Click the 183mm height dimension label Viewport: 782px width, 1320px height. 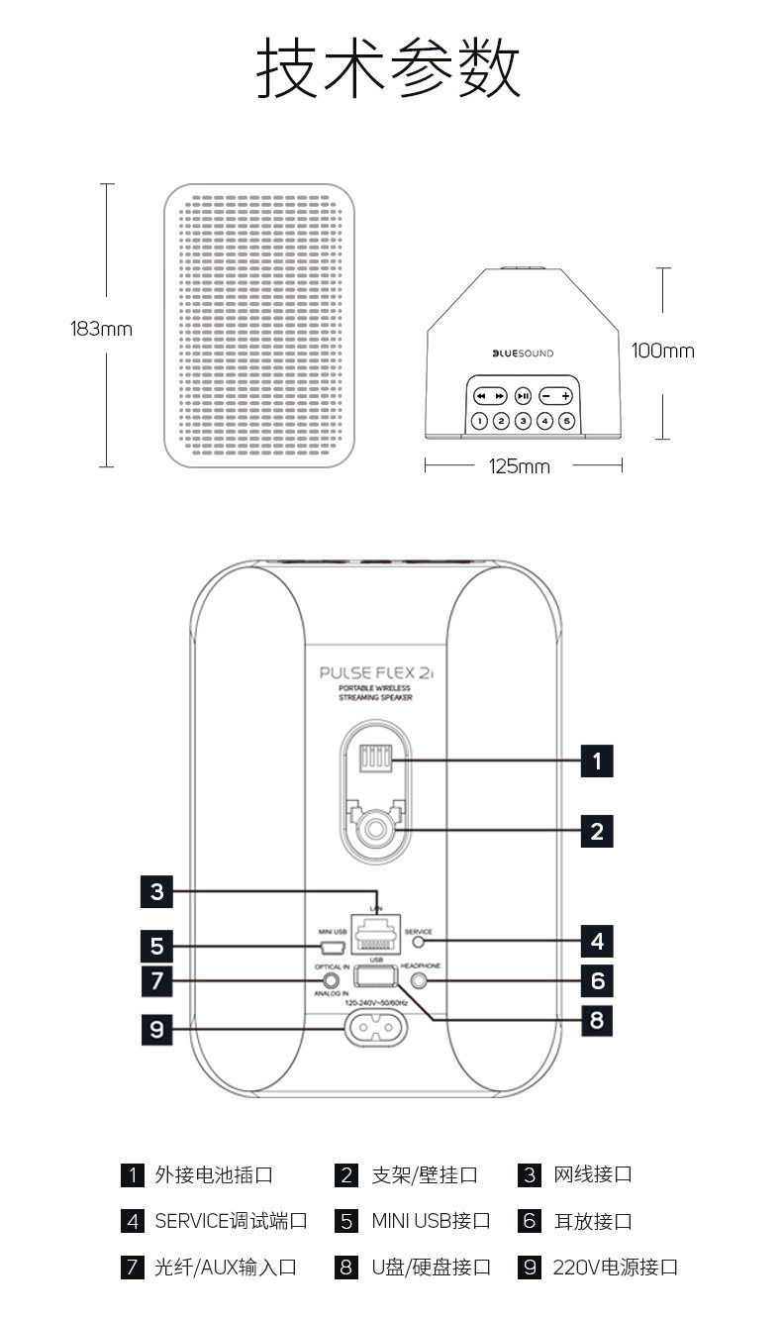point(100,329)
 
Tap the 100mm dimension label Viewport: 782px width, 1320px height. point(662,351)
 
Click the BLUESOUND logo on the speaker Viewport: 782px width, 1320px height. point(523,354)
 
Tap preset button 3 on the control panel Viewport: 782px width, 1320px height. point(523,421)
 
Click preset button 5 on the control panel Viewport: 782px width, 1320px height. point(566,421)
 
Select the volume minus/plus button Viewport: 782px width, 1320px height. point(556,396)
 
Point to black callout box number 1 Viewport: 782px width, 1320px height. point(596,761)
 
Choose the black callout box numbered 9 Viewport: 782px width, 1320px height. point(156,1029)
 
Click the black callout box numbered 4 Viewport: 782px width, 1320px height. point(596,940)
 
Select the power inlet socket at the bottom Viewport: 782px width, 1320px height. point(375,1029)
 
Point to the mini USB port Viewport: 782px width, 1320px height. point(333,946)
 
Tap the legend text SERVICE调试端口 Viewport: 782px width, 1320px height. point(231,1221)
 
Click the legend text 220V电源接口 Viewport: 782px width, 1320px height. point(615,1268)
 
